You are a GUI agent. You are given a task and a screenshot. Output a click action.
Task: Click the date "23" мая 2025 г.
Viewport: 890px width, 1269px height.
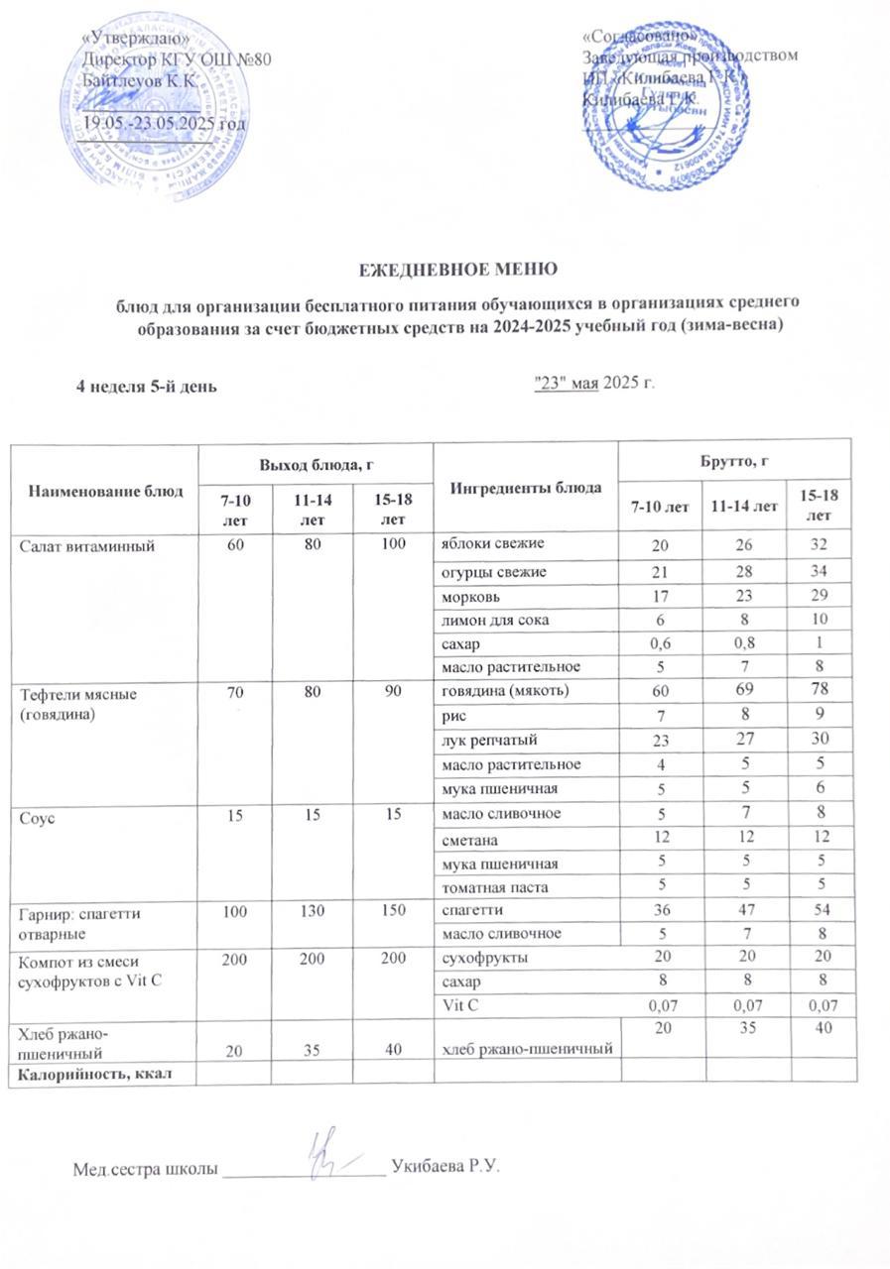point(594,384)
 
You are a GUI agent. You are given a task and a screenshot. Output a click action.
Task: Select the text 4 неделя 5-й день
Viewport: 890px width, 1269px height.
point(148,387)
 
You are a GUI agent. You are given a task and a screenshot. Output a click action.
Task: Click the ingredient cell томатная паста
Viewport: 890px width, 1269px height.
point(491,886)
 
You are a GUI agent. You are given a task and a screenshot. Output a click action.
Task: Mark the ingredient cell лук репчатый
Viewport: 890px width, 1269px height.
point(487,740)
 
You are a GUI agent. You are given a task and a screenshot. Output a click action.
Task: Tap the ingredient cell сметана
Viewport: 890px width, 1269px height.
point(469,838)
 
